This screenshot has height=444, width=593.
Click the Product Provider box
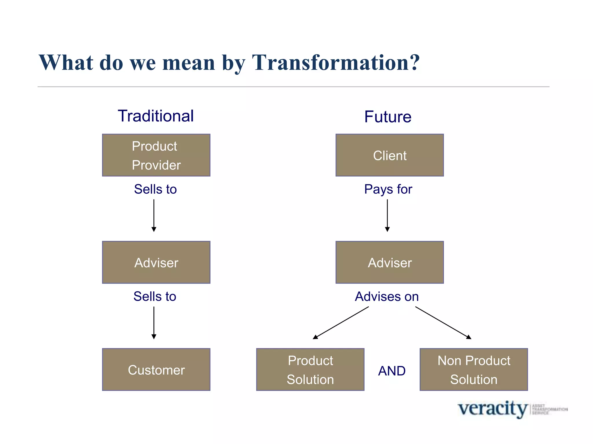[156, 155]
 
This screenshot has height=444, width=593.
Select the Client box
[389, 155]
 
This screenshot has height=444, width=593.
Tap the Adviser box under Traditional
[156, 262]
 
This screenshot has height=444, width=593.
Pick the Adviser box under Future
[389, 262]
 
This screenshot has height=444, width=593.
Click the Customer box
[156, 370]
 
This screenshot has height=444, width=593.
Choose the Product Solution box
[310, 370]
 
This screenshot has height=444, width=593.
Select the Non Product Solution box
[474, 370]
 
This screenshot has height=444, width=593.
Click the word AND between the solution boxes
[392, 371]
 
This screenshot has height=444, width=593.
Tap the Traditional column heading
[156, 116]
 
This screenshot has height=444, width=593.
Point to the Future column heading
[388, 117]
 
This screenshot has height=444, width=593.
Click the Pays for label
[388, 189]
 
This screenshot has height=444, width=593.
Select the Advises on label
[387, 297]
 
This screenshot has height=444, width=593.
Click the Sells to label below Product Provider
[155, 189]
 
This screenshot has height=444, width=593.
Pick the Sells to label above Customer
[155, 297]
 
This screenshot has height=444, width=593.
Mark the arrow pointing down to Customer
[154, 323]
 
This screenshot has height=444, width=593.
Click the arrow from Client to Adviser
[387, 215]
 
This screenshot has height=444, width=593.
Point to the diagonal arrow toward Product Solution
[341, 323]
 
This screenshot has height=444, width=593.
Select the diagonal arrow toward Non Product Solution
[443, 323]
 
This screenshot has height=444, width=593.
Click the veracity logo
[492, 409]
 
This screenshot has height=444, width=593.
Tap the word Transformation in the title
[336, 63]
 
